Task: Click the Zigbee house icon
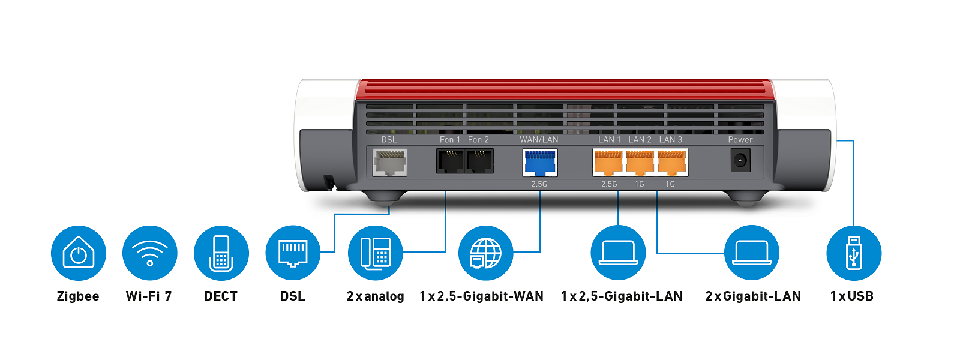(x=79, y=253)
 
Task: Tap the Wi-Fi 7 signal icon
(x=150, y=253)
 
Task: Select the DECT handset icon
(x=221, y=253)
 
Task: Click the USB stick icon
(x=854, y=253)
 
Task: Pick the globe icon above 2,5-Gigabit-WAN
(x=485, y=253)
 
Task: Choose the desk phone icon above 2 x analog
(x=376, y=253)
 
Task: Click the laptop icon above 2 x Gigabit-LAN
(x=752, y=253)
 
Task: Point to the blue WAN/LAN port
(x=540, y=163)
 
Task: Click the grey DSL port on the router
(x=390, y=163)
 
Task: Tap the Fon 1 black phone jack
(x=450, y=161)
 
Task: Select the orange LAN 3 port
(x=671, y=162)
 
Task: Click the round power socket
(x=740, y=161)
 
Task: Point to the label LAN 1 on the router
(x=609, y=139)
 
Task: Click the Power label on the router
(x=740, y=139)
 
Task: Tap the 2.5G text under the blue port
(x=539, y=184)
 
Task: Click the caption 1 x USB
(x=851, y=296)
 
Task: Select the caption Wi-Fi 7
(x=149, y=296)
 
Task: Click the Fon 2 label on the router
(x=478, y=139)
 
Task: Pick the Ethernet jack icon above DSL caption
(x=293, y=253)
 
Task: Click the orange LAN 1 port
(x=608, y=162)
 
